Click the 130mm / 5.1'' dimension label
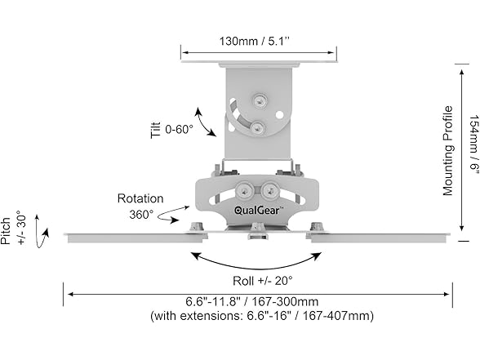(x=254, y=41)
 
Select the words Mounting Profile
(x=447, y=150)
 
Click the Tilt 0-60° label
(x=172, y=130)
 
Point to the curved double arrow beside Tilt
(x=204, y=122)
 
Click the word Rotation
(x=140, y=198)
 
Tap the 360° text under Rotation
(x=141, y=214)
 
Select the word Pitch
(x=6, y=231)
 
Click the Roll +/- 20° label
(x=263, y=281)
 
